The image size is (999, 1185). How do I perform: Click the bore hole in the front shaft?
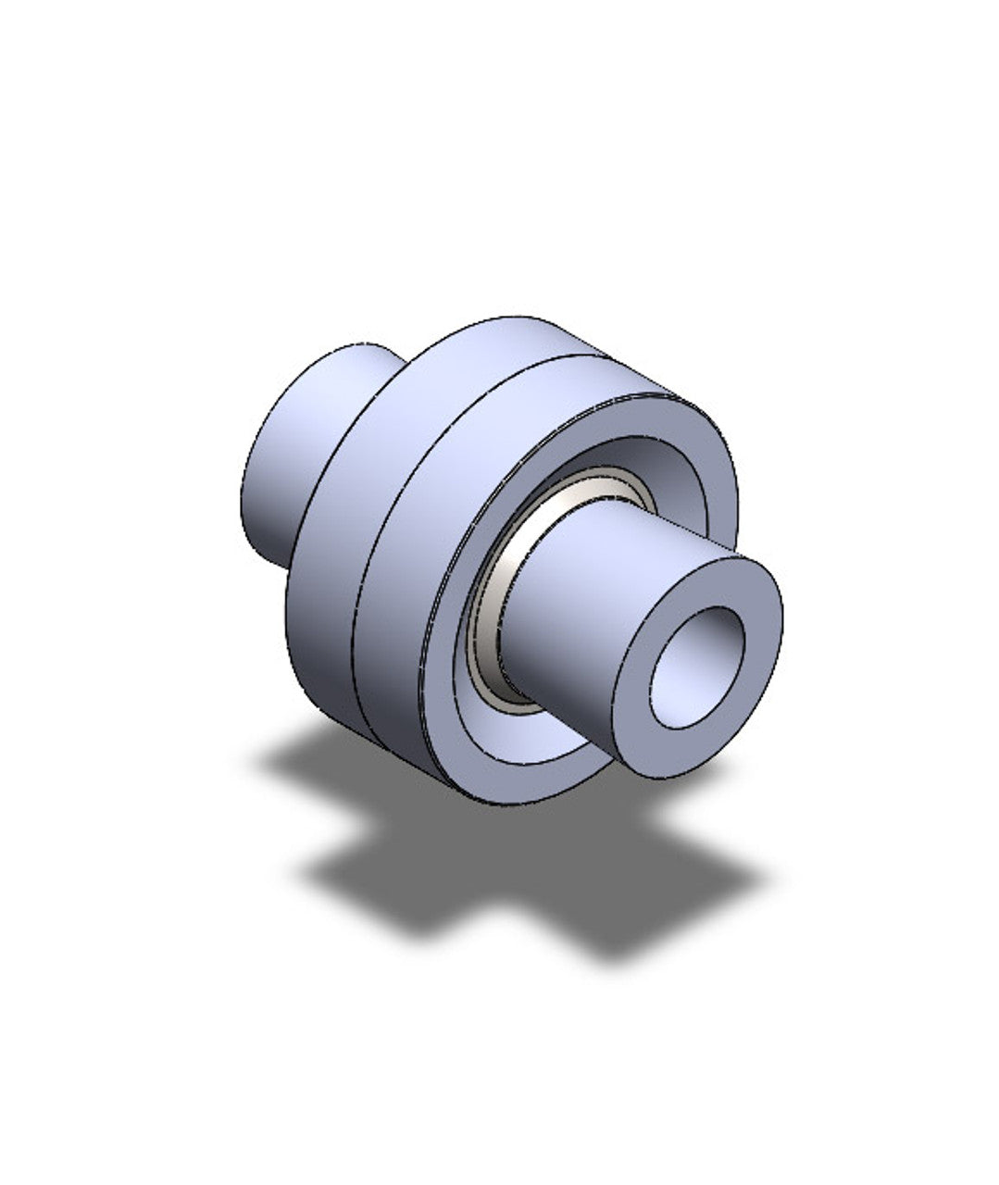[x=697, y=667]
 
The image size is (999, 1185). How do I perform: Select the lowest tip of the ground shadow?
[x=611, y=954]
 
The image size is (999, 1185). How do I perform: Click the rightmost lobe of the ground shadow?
[x=741, y=870]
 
